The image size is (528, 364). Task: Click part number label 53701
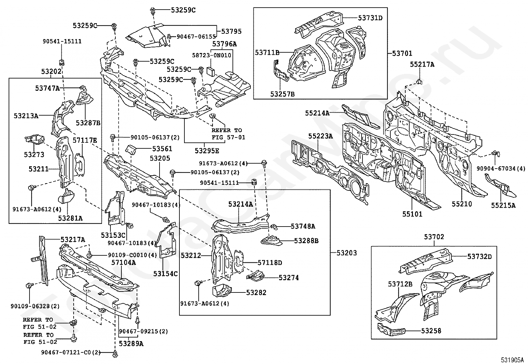pyautogui.click(x=402, y=53)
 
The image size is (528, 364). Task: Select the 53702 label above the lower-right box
pyautogui.click(x=434, y=237)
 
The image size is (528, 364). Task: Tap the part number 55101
pyautogui.click(x=413, y=214)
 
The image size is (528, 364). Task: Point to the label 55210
pyautogui.click(x=462, y=204)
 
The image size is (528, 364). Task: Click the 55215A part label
pyautogui.click(x=503, y=205)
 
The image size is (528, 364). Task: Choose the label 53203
pyautogui.click(x=347, y=253)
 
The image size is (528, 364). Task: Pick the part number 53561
pyautogui.click(x=162, y=149)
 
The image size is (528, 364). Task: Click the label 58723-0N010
pyautogui.click(x=212, y=55)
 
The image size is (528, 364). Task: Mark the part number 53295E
pyautogui.click(x=207, y=151)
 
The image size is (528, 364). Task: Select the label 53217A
pyautogui.click(x=73, y=239)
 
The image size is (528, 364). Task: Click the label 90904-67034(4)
pyautogui.click(x=501, y=169)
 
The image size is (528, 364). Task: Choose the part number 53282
pyautogui.click(x=256, y=293)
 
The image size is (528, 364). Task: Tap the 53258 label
pyautogui.click(x=431, y=331)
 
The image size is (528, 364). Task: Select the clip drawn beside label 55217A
pyautogui.click(x=419, y=81)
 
